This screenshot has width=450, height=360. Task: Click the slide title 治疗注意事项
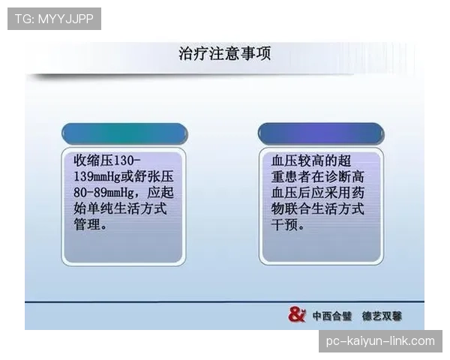point(224,54)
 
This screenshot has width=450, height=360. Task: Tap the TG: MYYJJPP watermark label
point(54,18)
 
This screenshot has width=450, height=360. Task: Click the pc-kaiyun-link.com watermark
point(380,341)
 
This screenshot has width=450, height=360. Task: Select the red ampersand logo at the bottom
point(297,315)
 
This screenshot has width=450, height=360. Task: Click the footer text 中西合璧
point(332,316)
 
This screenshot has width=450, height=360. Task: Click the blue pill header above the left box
point(124,134)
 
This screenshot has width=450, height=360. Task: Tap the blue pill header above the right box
point(321,134)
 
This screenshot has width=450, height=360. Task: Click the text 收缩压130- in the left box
point(107,161)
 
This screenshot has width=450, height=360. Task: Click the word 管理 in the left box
point(86,224)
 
